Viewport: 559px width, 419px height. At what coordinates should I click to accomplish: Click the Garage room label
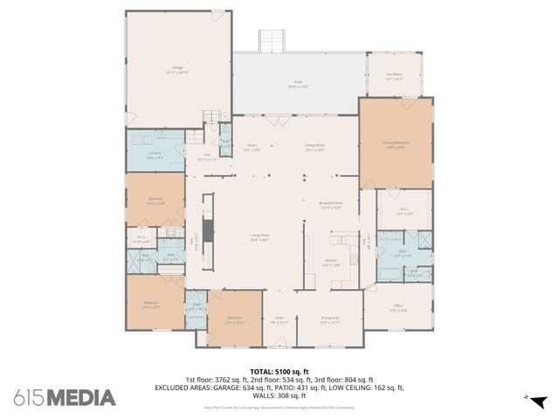(x=179, y=69)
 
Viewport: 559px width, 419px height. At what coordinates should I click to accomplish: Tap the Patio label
(x=299, y=86)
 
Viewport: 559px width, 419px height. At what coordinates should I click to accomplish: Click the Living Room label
(x=259, y=237)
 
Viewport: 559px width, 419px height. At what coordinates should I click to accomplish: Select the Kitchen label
(x=332, y=262)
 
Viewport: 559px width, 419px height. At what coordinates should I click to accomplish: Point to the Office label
(x=397, y=308)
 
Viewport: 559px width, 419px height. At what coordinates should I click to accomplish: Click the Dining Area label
(x=328, y=320)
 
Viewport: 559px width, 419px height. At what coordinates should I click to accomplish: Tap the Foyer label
(x=279, y=320)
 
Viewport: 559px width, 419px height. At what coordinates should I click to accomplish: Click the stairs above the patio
(x=272, y=41)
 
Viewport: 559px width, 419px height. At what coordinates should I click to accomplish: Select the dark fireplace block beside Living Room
(x=207, y=230)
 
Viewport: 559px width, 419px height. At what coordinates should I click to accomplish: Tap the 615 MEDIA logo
(x=65, y=397)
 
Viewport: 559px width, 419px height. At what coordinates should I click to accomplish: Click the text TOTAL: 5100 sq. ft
(x=279, y=371)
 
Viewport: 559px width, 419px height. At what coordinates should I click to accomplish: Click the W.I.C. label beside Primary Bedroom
(x=404, y=209)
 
